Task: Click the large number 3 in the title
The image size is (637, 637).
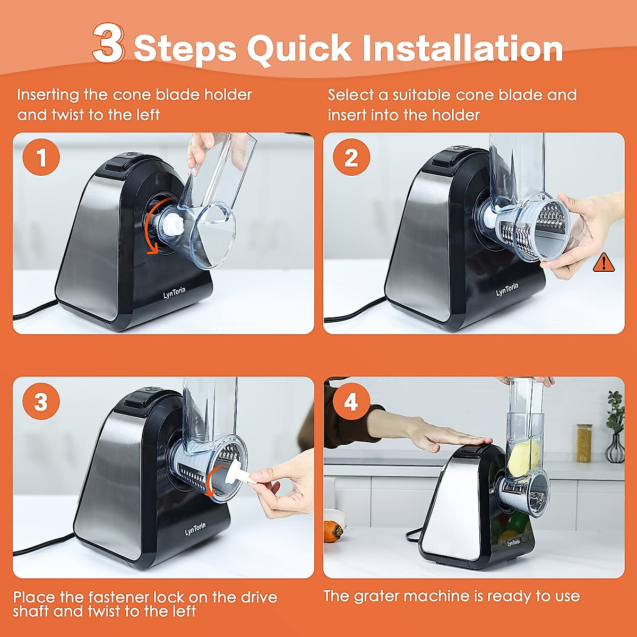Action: pos(109,43)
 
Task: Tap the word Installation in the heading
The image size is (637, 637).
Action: pos(463,48)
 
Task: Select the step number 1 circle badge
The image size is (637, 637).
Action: pos(41,157)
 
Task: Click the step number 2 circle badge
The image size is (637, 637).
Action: pos(351,157)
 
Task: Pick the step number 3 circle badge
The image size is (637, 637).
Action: pos(41,402)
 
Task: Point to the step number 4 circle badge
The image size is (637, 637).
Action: pos(351,402)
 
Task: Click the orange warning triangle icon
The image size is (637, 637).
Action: pos(604,262)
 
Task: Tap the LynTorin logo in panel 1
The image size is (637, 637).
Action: pos(174,292)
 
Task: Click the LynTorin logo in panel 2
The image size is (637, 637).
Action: pos(507,290)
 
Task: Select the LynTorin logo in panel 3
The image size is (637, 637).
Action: pos(195,529)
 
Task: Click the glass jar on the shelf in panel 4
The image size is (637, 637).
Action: pos(584,443)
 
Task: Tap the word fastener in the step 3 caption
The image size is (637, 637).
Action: pos(113,597)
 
